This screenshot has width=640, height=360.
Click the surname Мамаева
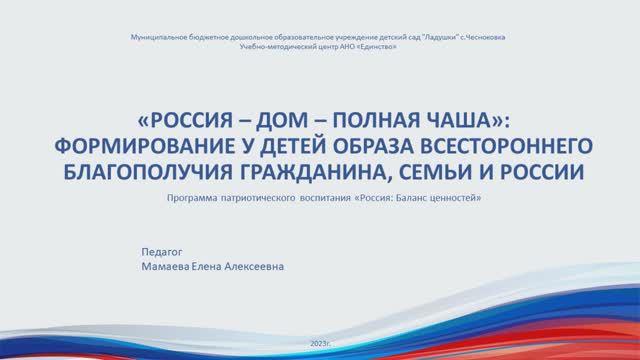169,268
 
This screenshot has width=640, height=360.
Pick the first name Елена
217,268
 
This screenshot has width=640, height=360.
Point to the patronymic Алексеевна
269,268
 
